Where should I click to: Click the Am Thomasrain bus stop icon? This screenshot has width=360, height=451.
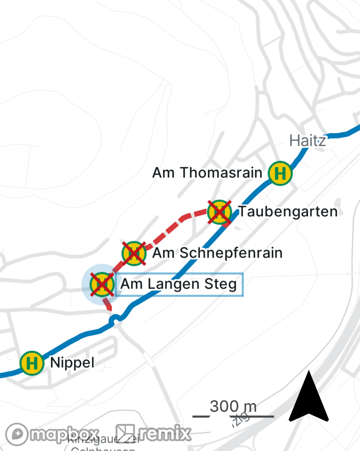(280, 173)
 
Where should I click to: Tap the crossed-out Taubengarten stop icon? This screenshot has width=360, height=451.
(219, 212)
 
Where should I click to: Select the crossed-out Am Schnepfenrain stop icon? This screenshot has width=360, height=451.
(134, 253)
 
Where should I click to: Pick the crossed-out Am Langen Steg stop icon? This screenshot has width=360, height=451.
(102, 284)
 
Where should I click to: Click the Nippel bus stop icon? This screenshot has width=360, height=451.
(32, 363)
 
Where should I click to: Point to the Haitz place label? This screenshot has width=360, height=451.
(307, 141)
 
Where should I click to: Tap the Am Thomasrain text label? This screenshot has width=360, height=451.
(207, 173)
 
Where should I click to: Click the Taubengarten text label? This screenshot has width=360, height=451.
(288, 212)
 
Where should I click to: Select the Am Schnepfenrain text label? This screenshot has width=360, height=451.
(217, 253)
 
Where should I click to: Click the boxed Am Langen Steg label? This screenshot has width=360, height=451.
(179, 284)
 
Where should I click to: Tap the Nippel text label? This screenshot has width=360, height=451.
(72, 363)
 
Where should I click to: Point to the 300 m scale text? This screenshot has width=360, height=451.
(233, 406)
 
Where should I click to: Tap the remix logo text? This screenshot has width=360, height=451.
(165, 434)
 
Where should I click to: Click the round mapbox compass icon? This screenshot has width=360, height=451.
(17, 434)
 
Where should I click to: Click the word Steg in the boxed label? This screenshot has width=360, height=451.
(220, 284)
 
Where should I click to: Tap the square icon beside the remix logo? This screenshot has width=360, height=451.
(125, 434)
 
